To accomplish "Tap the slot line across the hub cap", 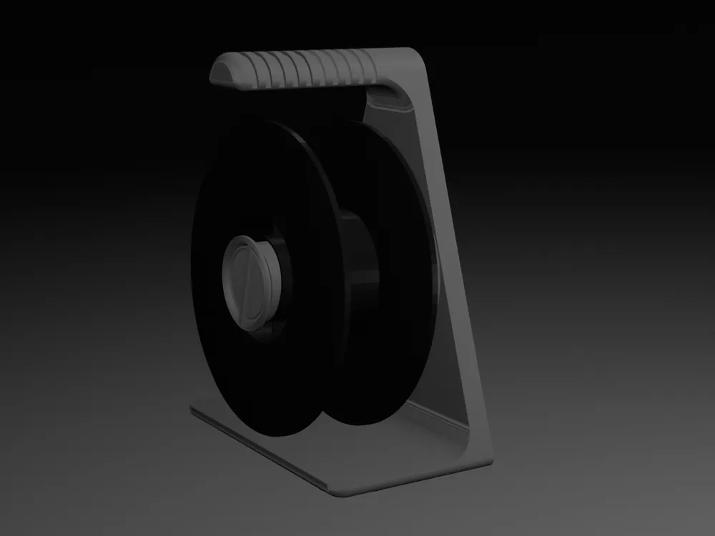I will point(242,283).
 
